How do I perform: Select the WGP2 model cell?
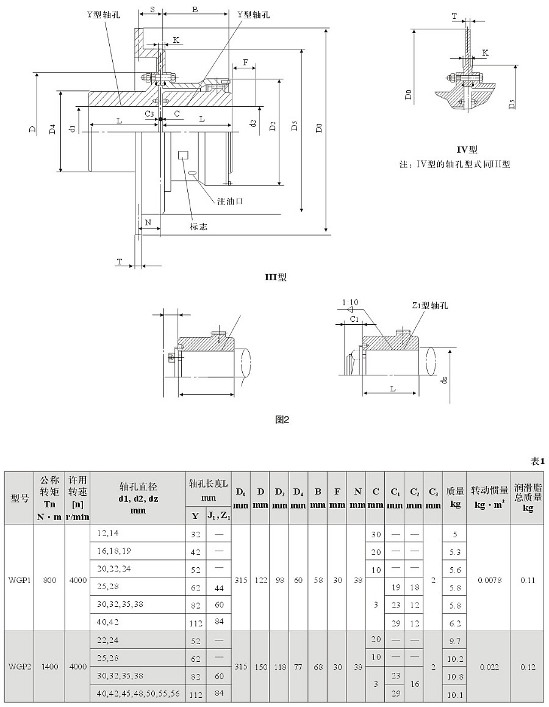point(20,667)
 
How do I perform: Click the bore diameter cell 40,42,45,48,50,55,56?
point(138,694)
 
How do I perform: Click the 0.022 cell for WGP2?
point(489,667)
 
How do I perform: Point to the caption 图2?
point(282,419)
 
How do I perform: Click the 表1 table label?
point(537,462)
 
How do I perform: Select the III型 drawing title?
point(275,277)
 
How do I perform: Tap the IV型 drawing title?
point(467,149)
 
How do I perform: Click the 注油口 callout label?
point(230,200)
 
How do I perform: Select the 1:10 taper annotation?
point(350,302)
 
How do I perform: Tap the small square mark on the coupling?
point(182,155)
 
